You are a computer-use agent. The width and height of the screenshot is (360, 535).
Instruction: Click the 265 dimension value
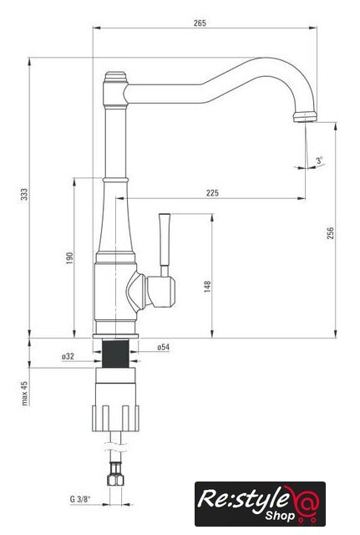[x=200, y=23]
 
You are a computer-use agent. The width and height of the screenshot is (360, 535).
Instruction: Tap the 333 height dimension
[x=24, y=194]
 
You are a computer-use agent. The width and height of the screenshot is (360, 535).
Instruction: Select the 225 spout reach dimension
[x=212, y=193]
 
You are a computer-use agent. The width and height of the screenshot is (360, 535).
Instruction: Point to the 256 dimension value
[x=330, y=233]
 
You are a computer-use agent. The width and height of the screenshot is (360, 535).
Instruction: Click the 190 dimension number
[x=69, y=258]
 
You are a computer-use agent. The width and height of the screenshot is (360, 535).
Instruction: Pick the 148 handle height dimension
[x=207, y=287]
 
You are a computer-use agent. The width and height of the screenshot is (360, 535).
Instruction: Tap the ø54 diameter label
[x=164, y=348]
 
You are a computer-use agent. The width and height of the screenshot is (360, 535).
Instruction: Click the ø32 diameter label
[x=68, y=356]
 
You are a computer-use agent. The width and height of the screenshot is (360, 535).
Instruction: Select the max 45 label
[x=24, y=393]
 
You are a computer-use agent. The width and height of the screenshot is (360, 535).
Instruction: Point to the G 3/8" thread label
[x=80, y=499]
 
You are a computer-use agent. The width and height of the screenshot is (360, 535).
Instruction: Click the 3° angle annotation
[x=319, y=160]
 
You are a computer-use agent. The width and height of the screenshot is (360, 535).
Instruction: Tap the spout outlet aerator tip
[x=305, y=117]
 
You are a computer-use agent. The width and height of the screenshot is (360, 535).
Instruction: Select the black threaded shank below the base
[x=115, y=354]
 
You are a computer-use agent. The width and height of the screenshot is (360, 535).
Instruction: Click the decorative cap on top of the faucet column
[x=115, y=77]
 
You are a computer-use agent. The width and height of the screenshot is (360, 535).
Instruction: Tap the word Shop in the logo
[x=280, y=516]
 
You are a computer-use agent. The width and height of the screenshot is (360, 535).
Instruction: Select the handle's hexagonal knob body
[x=160, y=292]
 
